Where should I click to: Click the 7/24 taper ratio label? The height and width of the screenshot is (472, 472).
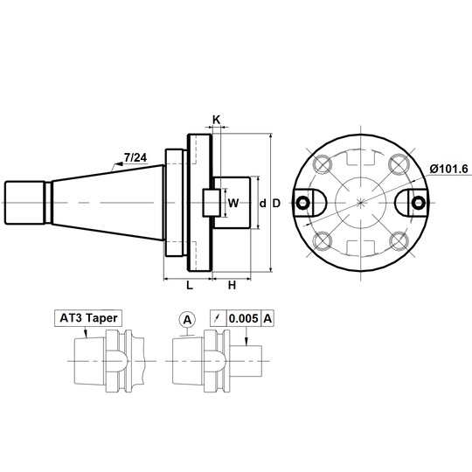click(x=135, y=157)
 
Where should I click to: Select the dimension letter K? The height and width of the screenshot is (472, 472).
click(x=217, y=120)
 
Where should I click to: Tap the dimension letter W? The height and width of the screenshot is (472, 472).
click(x=233, y=203)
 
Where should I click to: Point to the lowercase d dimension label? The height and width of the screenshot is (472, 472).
click(x=263, y=204)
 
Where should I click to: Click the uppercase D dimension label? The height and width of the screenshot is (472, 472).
click(x=276, y=204)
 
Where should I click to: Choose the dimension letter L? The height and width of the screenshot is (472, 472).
click(x=190, y=285)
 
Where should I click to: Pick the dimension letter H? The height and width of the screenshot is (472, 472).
click(x=232, y=285)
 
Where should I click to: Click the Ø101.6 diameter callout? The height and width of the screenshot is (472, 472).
click(x=448, y=169)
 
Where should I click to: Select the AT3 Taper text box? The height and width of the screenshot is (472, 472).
click(x=88, y=318)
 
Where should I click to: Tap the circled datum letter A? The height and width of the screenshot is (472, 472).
click(x=187, y=320)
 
